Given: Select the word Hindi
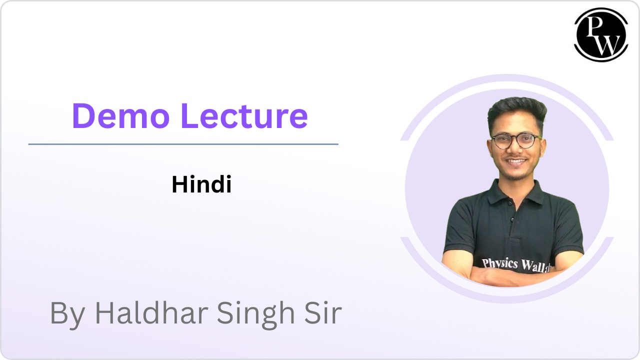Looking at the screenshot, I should pos(201,185).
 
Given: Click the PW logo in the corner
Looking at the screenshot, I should pos(601,34).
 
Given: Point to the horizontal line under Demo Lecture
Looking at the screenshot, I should pos(183,144).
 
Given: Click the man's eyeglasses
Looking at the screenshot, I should pos(515,140).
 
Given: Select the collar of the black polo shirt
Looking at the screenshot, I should pos(515,192).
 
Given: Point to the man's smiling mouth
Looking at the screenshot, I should pos(516,161).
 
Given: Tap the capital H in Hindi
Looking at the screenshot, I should pos(178,185).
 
